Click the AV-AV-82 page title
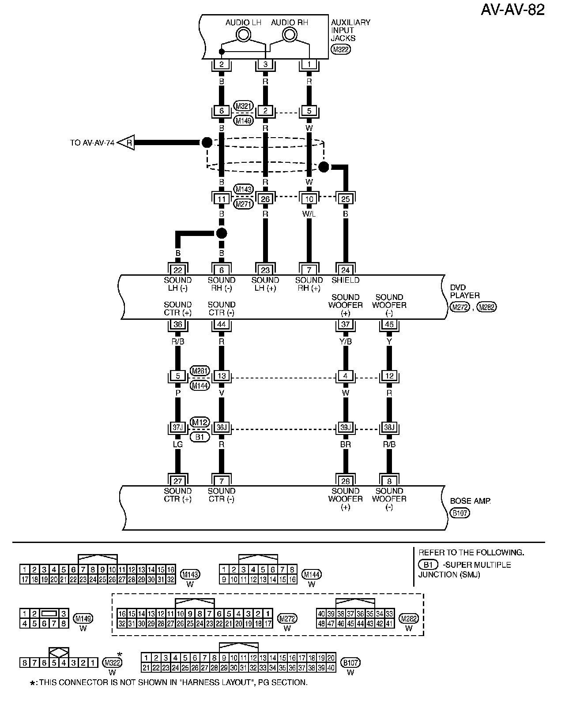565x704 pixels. click(x=512, y=10)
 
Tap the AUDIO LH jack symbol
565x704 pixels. click(x=243, y=34)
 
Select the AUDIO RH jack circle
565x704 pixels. click(x=290, y=34)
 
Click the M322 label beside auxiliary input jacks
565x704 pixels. click(x=341, y=49)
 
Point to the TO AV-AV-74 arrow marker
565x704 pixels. click(x=126, y=142)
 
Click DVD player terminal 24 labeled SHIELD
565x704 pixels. click(x=345, y=270)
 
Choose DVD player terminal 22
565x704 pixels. click(x=178, y=270)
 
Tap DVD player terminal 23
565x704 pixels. click(x=265, y=270)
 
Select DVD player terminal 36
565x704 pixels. click(x=178, y=324)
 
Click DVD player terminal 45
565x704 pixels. click(x=389, y=324)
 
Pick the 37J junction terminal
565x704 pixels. click(x=178, y=427)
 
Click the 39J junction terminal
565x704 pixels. click(x=345, y=427)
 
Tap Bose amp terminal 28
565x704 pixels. click(x=345, y=480)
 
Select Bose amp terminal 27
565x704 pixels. click(x=178, y=480)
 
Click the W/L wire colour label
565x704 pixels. click(x=309, y=214)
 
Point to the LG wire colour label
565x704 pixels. click(x=178, y=445)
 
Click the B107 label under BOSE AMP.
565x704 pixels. click(x=460, y=513)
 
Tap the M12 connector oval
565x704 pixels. click(x=200, y=422)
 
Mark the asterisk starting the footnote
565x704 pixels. click(x=33, y=683)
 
